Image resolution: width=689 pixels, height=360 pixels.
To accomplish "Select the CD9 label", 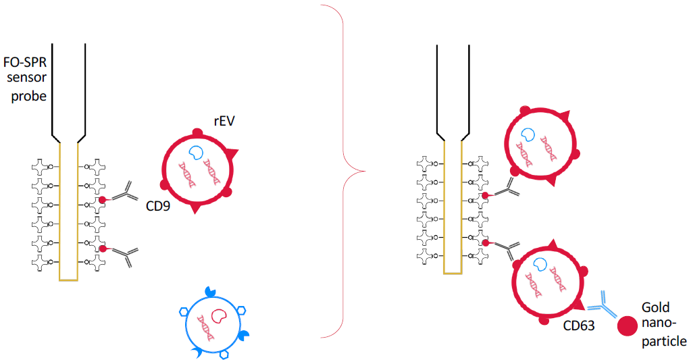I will tap(157, 205).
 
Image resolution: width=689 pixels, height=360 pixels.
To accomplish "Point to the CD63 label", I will tap(579, 326).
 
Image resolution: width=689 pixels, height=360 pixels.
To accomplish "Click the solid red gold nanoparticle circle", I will tap(628, 326).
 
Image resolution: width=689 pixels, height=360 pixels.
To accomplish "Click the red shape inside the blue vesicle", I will tap(220, 315).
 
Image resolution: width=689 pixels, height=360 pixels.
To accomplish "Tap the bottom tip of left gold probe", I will tap(68, 278).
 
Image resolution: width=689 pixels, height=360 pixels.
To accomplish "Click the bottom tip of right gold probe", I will tap(453, 273).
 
